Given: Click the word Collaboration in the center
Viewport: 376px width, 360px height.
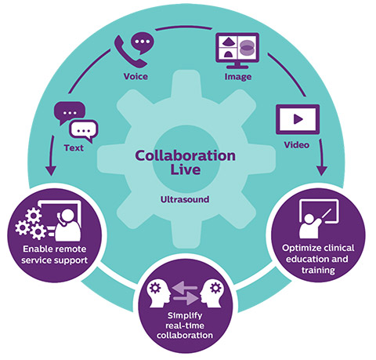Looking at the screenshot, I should coord(184,156).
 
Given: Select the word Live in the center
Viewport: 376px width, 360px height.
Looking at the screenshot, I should coord(184,171).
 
